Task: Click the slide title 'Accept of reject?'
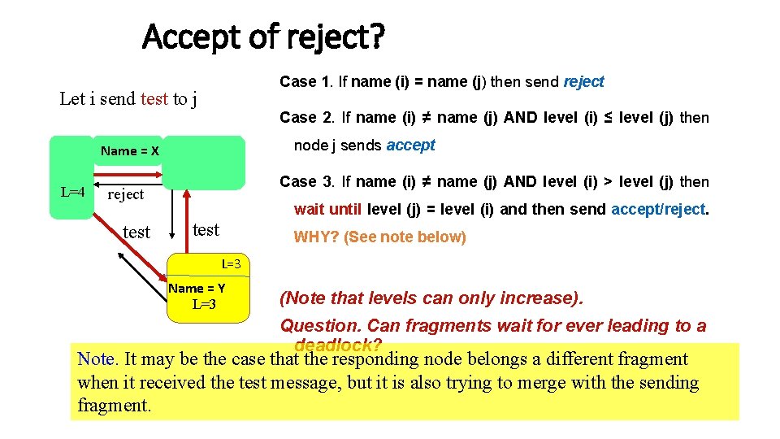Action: (264, 37)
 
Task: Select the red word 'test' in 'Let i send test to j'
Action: (154, 99)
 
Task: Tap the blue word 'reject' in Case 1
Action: (583, 82)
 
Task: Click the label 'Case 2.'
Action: (307, 118)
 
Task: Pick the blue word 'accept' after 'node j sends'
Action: (410, 146)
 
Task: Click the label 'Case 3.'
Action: (307, 182)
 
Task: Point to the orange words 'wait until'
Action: (328, 210)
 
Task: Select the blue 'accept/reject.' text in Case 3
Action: (660, 210)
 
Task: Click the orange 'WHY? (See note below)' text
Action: (379, 237)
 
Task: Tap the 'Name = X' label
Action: (129, 151)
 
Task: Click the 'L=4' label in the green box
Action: (73, 193)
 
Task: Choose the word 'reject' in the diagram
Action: (125, 194)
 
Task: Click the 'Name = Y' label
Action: (197, 289)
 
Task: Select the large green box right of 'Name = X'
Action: (202, 163)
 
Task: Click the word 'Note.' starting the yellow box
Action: (96, 359)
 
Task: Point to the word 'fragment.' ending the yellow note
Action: (114, 405)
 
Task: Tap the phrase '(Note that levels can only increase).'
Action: (431, 298)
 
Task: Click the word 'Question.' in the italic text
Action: (320, 326)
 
